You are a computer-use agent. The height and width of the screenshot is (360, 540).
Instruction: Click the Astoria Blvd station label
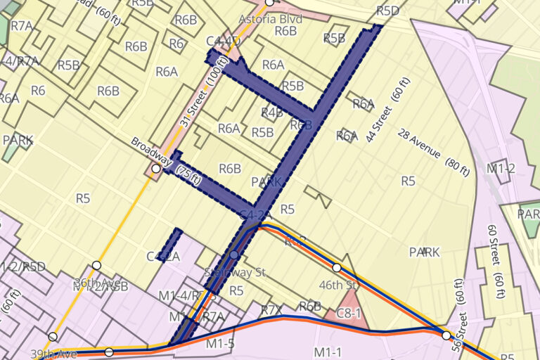click(270, 19)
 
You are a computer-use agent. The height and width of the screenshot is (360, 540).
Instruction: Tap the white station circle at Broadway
click(157, 169)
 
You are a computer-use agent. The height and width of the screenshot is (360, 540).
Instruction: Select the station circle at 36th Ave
click(97, 265)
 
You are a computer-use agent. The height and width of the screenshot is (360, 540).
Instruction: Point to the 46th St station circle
click(337, 268)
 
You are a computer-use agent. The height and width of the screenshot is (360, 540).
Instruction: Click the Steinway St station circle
click(234, 255)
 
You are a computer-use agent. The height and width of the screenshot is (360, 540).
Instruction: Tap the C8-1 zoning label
click(349, 314)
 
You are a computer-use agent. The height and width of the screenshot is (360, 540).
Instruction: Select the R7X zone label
click(271, 309)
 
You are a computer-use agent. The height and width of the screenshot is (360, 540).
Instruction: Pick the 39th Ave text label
click(53, 353)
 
